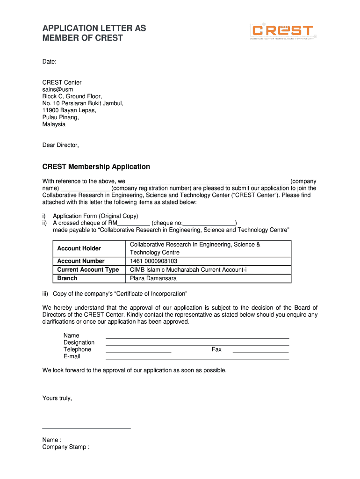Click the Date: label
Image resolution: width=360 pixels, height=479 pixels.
(50, 61)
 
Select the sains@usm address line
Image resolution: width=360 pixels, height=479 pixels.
(58, 89)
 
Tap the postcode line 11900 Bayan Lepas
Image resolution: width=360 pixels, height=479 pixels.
(69, 110)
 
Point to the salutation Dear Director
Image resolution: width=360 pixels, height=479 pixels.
(61, 145)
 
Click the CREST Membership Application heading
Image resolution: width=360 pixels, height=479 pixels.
(96, 167)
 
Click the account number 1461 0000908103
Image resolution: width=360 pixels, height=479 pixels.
(153, 261)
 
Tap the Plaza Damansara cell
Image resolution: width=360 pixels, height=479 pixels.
(153, 278)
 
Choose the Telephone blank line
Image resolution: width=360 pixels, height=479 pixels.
(138, 351)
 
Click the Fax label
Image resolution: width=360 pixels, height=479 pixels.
(216, 349)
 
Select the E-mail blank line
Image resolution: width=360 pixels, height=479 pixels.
(197, 358)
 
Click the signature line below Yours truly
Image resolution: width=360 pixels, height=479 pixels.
(86, 428)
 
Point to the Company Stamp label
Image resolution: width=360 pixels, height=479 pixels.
(65, 447)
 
